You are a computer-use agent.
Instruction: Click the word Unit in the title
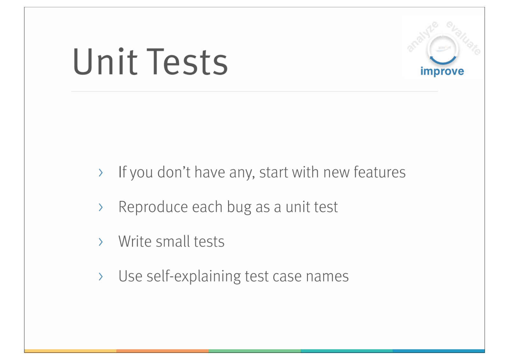pyautogui.click(x=105, y=61)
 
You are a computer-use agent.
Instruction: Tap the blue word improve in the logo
pyautogui.click(x=442, y=71)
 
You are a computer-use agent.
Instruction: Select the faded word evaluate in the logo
pyautogui.click(x=464, y=38)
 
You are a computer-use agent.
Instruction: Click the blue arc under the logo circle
pyautogui.click(x=443, y=60)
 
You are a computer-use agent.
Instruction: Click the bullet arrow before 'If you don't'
pyautogui.click(x=101, y=173)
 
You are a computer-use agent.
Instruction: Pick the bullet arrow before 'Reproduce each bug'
pyautogui.click(x=101, y=207)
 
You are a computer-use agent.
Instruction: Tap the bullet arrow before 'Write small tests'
pyautogui.click(x=101, y=242)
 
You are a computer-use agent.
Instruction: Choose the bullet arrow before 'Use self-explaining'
pyautogui.click(x=101, y=276)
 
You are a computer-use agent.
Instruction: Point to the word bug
pyautogui.click(x=239, y=208)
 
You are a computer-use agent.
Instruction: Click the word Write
pyautogui.click(x=135, y=241)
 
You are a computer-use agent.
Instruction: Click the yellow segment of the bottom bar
pyautogui.click(x=70, y=351)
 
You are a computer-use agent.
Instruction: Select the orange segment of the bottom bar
pyautogui.click(x=163, y=351)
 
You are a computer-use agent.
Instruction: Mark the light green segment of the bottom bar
pyautogui.click(x=254, y=351)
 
